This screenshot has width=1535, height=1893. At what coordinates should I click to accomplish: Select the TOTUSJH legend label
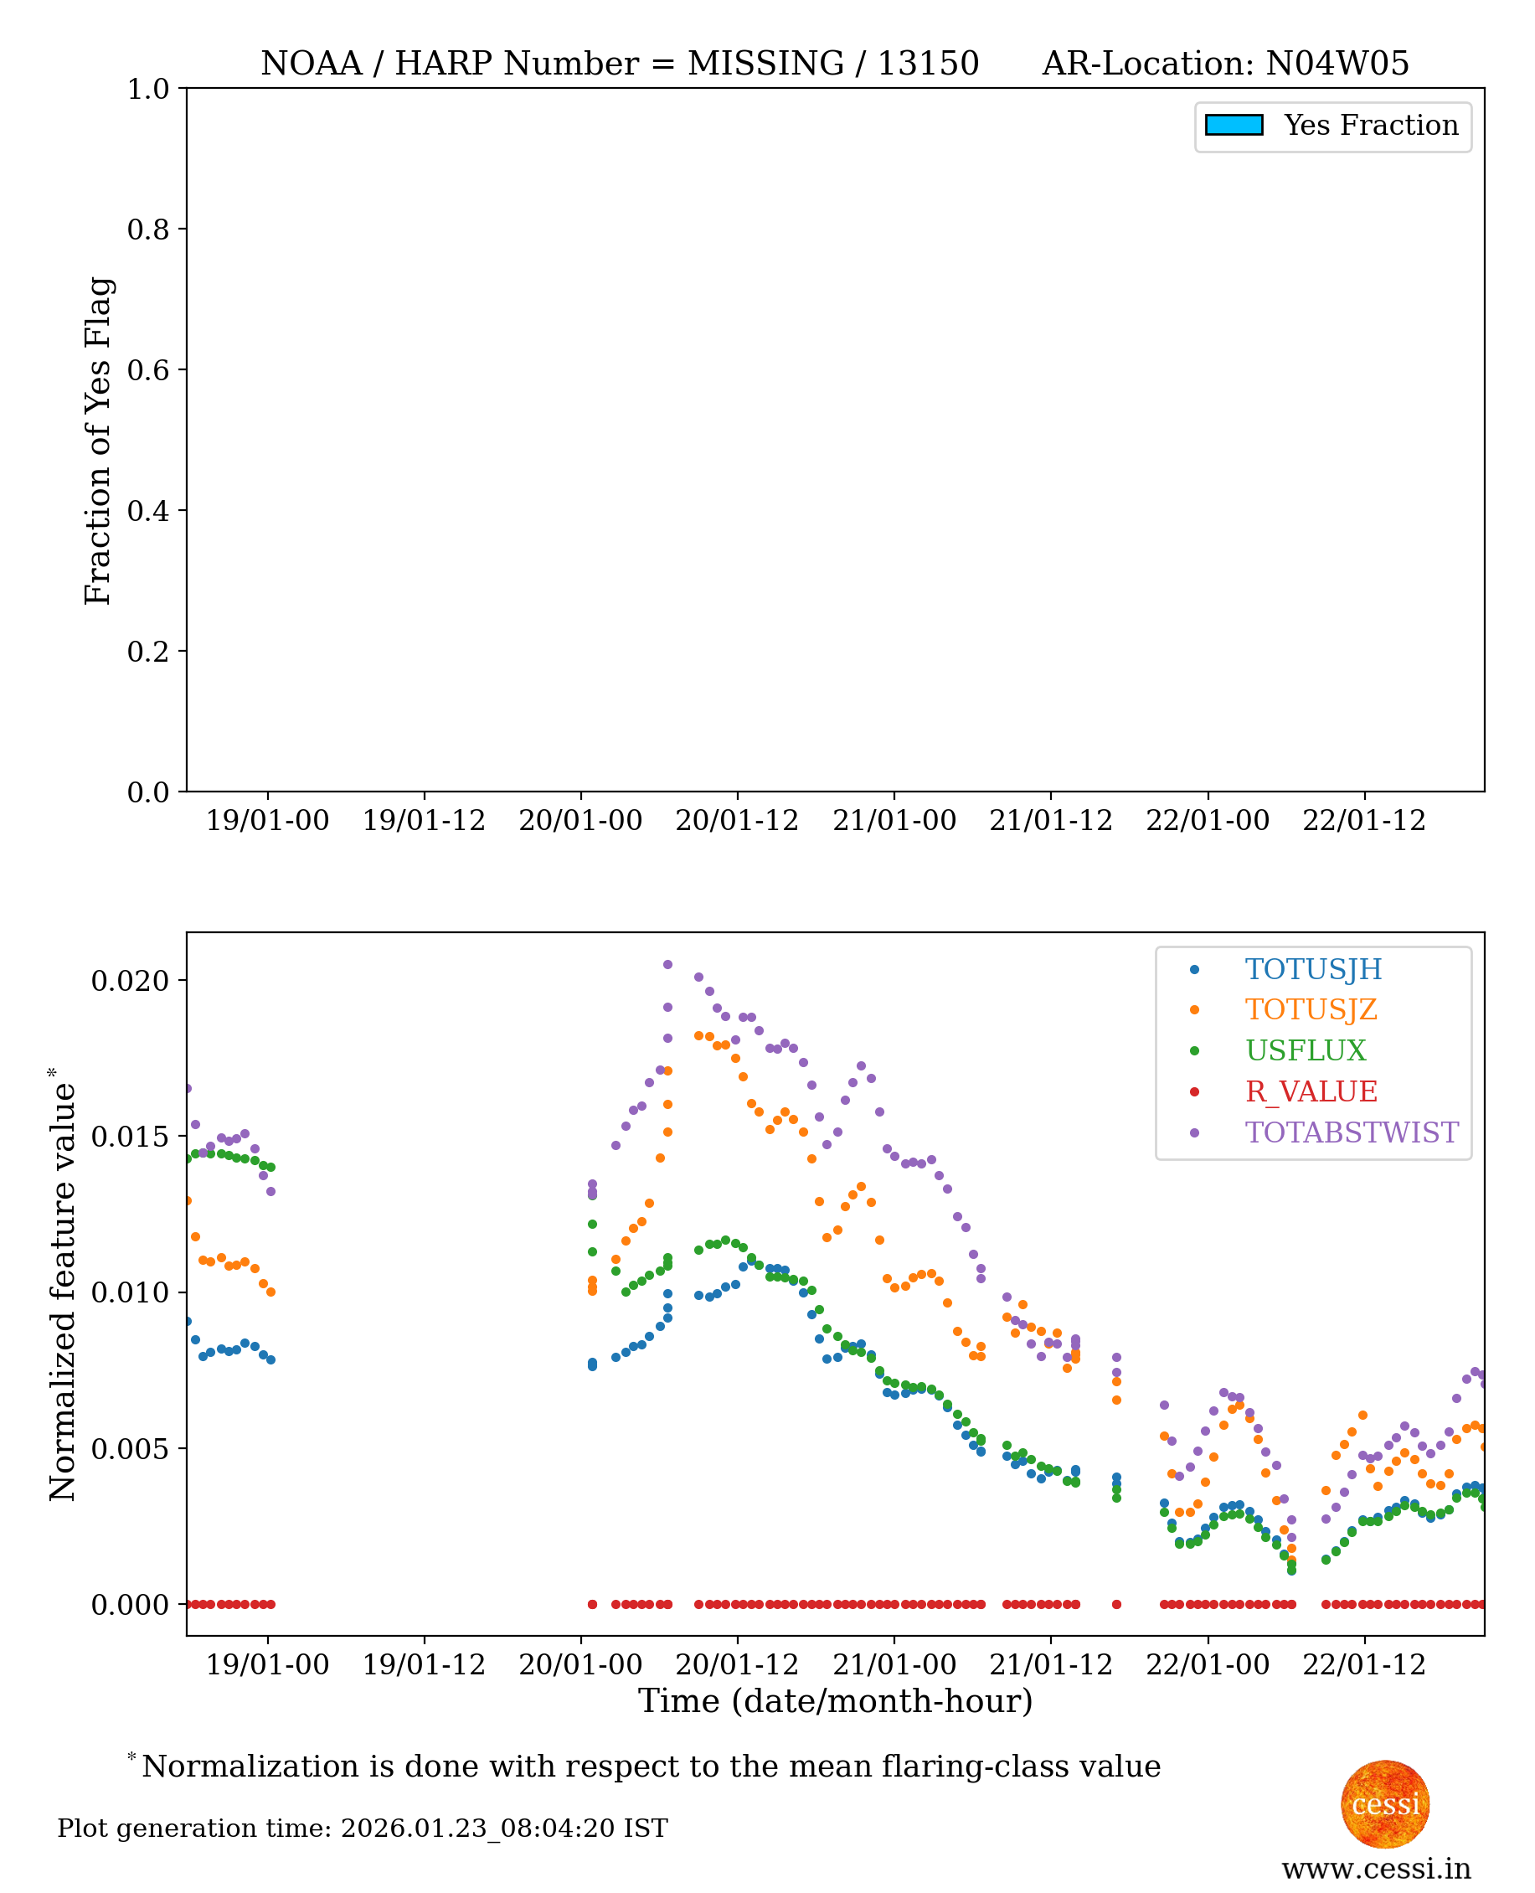[1313, 970]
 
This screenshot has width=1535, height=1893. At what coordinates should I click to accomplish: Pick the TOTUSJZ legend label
[1311, 1009]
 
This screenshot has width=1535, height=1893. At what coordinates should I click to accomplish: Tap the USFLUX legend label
[1305, 1050]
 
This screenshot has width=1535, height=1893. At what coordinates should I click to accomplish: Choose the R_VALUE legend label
[1311, 1092]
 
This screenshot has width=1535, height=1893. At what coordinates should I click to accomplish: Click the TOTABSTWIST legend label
[1351, 1132]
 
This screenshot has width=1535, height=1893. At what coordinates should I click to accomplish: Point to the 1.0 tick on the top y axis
[148, 90]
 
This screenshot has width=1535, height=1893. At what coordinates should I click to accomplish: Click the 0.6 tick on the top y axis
[148, 370]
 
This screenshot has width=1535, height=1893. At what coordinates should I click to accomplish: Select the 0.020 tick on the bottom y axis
[131, 981]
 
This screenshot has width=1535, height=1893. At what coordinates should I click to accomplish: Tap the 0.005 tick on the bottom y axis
[131, 1449]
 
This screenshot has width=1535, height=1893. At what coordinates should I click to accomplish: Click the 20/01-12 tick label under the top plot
[737, 822]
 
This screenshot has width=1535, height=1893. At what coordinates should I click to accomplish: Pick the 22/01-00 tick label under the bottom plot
[1207, 1665]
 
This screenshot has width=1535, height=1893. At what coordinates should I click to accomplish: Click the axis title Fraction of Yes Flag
[98, 441]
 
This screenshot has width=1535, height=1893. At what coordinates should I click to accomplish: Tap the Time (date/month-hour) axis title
[835, 1701]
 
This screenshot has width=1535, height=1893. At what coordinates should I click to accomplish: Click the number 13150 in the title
[928, 64]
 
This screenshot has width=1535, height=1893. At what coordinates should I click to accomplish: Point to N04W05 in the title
[1337, 64]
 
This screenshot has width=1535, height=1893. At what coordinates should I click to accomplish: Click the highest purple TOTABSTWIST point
[667, 965]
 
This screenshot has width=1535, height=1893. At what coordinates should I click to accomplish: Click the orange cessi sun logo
[1385, 1804]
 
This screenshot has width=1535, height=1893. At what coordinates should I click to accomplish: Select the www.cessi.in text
[1376, 1869]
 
